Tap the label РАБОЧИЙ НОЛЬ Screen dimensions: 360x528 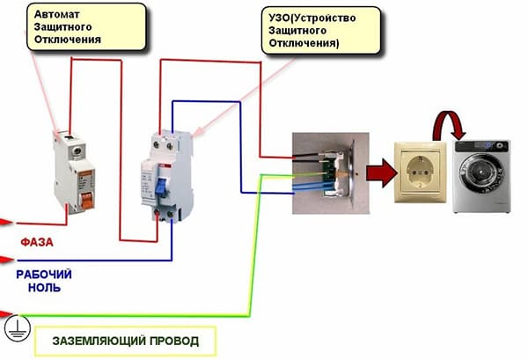43,281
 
